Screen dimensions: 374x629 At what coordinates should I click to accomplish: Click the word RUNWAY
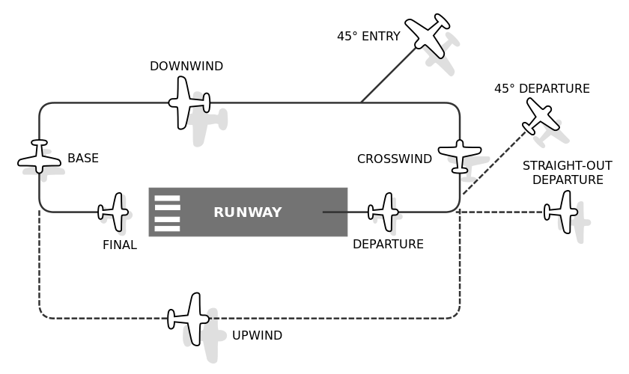pos(247,212)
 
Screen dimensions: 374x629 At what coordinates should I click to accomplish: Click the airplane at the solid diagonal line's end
pos(428,35)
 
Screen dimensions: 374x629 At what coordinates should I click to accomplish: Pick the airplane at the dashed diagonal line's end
pos(541,116)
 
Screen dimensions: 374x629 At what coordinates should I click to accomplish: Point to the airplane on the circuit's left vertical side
pos(39,157)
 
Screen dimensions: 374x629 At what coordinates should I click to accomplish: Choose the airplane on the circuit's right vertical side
pos(460,155)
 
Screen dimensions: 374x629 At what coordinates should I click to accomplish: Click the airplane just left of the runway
pos(115,212)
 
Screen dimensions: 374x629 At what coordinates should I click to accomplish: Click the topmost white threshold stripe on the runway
pos(167,199)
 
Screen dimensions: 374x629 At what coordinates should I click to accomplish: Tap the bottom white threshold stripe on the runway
pos(167,228)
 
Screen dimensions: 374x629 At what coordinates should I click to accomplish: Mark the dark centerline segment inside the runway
pos(335,212)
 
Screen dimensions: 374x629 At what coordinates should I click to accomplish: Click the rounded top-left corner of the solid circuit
pos(43,106)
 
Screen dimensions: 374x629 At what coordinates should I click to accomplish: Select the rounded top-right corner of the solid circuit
pos(456,106)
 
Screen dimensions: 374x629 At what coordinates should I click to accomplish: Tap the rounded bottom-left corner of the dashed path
pos(43,315)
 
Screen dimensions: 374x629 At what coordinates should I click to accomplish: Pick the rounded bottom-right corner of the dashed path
pos(456,315)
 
